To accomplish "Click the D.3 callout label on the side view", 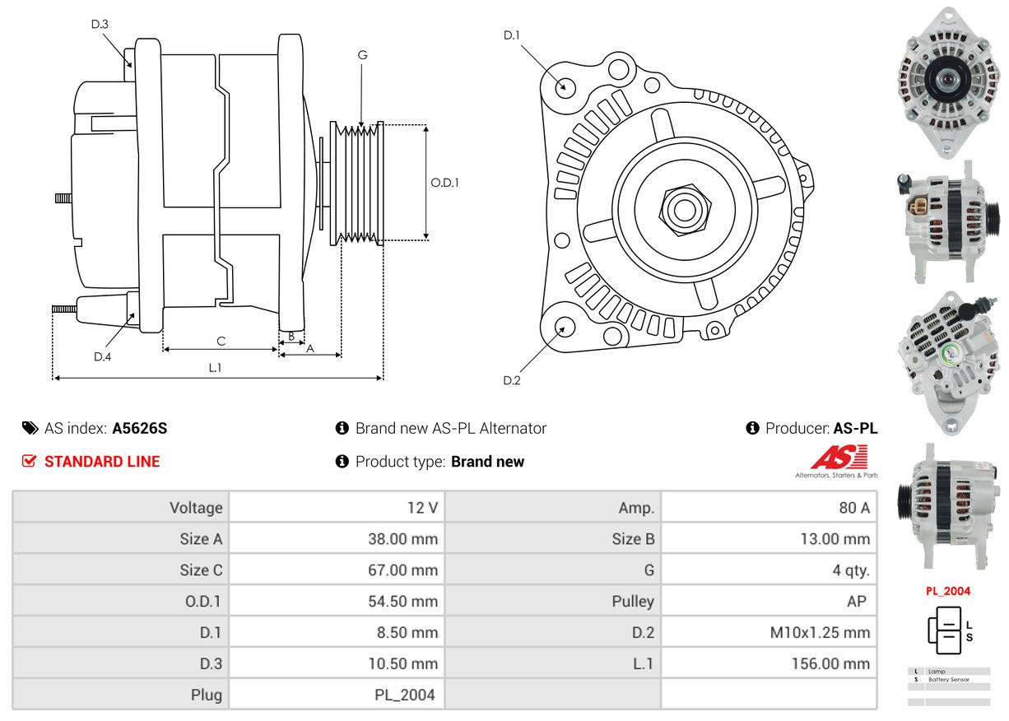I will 100,24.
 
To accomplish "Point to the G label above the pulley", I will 362,55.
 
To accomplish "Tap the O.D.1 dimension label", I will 444,182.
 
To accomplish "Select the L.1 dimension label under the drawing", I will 215,368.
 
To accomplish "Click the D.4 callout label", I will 102,356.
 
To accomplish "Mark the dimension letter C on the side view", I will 221,341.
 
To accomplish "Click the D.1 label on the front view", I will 512,35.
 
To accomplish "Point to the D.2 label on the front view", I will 512,380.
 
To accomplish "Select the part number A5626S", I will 140,428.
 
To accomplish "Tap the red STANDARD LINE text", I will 102,462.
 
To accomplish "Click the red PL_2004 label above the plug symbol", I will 948,591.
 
